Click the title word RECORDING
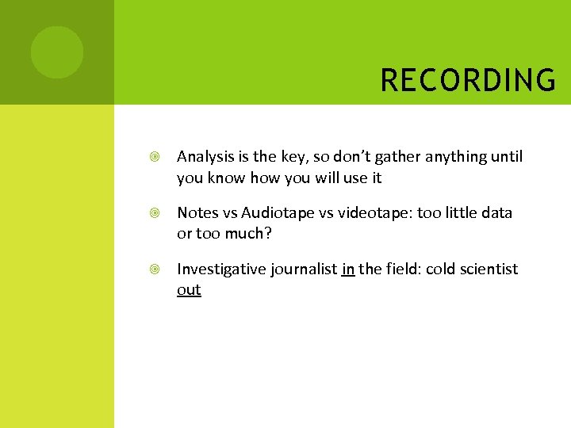[x=468, y=80]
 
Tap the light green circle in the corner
[x=56, y=52]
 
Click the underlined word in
[x=348, y=269]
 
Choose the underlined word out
[x=189, y=290]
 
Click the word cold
[x=443, y=269]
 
